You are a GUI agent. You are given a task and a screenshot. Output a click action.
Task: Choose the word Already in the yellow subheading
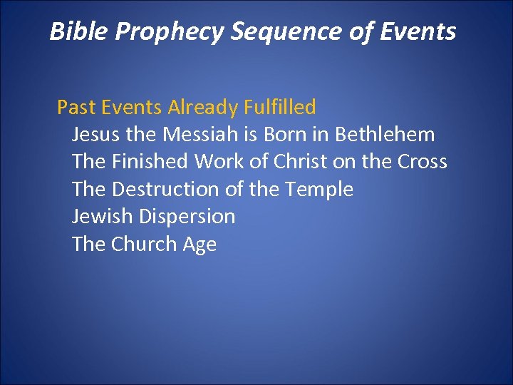coord(202,108)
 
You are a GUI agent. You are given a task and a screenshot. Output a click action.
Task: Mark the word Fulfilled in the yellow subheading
coord(280,108)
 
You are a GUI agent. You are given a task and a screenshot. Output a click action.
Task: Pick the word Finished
coord(150,162)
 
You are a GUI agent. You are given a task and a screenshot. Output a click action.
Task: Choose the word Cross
coord(422,162)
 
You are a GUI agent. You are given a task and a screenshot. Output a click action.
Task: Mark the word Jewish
coord(103,216)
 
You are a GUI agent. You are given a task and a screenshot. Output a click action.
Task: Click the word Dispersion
coord(187,217)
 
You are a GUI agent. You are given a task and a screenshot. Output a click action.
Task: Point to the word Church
coord(145,244)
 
